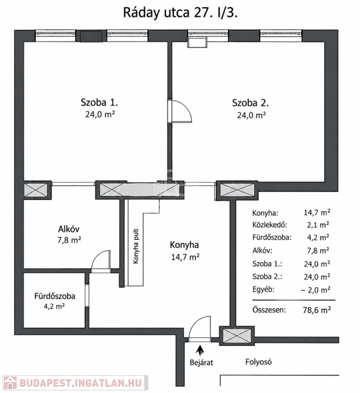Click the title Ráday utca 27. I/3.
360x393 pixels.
pos(180,12)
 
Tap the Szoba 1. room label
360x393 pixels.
pos(99,102)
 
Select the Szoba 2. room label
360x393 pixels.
pos(251,103)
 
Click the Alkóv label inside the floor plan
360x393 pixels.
pos(69,229)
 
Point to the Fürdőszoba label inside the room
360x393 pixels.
pos(55,296)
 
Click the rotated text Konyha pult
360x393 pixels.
pos(136,246)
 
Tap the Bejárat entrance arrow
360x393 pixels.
pos(200,351)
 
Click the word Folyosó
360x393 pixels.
pos(258,362)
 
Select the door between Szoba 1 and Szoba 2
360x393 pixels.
pos(179,111)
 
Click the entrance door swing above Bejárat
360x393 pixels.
pos(199,327)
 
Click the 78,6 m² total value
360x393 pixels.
pos(317,310)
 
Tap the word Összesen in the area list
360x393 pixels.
pos(269,310)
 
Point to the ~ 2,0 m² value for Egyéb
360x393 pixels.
pos(316,290)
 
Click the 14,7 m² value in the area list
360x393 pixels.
pos(317,212)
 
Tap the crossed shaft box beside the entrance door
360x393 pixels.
pos(237,336)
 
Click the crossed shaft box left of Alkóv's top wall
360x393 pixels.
pos(35,190)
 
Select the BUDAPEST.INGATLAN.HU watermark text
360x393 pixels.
pos(80,383)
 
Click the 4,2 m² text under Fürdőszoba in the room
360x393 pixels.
pos(54,306)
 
